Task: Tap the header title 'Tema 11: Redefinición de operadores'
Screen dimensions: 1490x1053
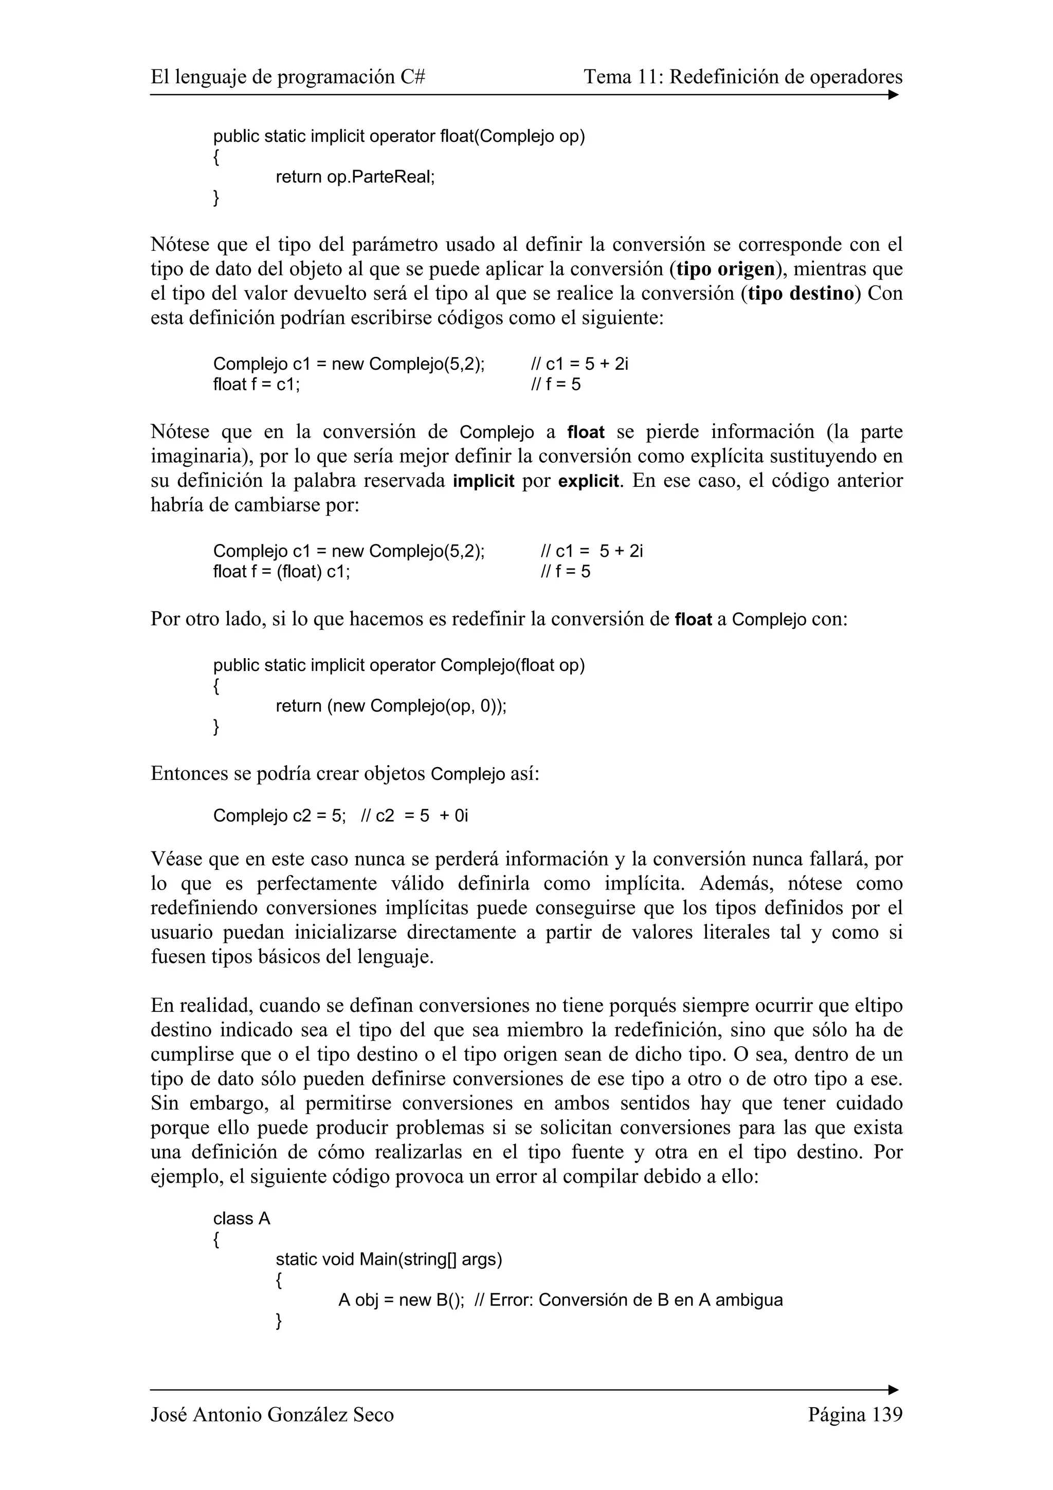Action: coord(742,77)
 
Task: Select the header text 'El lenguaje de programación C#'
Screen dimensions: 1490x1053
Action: coord(287,77)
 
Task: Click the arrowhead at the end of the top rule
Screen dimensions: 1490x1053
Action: coord(894,95)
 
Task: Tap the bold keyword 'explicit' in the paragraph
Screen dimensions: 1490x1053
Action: coord(589,482)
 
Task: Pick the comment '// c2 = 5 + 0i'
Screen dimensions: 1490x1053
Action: coord(413,816)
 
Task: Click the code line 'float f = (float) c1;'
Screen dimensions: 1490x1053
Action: coord(282,572)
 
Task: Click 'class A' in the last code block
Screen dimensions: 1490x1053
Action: coord(241,1219)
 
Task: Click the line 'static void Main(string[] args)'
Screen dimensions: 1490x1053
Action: coord(389,1260)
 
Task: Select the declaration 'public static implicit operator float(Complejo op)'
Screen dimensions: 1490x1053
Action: coord(398,136)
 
